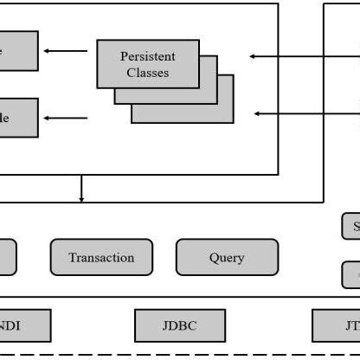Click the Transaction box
point(101,257)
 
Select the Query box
point(227,257)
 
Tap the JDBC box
point(179,325)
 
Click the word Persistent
point(147,57)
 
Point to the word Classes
point(147,73)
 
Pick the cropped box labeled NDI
point(24,325)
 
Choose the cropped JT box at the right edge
point(341,325)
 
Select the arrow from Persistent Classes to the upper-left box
point(66,50)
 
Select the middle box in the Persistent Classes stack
point(211,95)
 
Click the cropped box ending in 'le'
point(18,117)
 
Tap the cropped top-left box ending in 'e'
point(18,50)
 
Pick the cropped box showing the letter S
point(351,227)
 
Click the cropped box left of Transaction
point(8,257)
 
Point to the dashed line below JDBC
point(179,355)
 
